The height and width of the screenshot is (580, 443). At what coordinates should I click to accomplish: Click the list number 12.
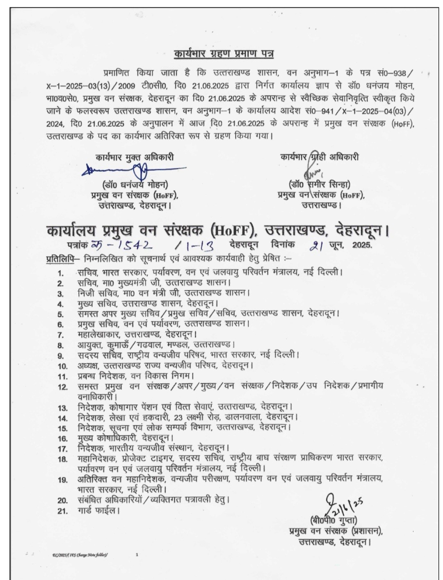[x=62, y=387]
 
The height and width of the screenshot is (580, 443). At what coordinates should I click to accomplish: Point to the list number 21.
[x=62, y=511]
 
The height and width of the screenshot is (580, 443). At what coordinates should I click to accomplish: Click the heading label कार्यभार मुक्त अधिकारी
[x=135, y=157]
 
